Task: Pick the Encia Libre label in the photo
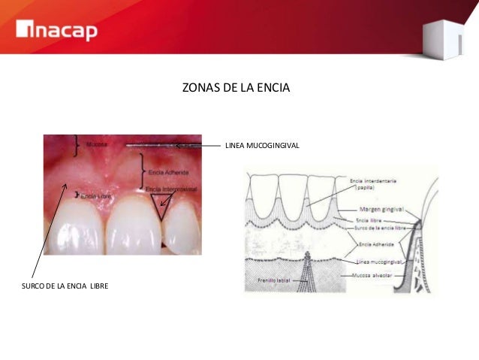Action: (x=95, y=196)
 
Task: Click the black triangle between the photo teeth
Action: (x=161, y=204)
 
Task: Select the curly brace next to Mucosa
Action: (x=75, y=145)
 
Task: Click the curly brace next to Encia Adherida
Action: (x=143, y=171)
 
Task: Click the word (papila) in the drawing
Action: (x=365, y=189)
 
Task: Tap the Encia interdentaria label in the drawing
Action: (x=373, y=181)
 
